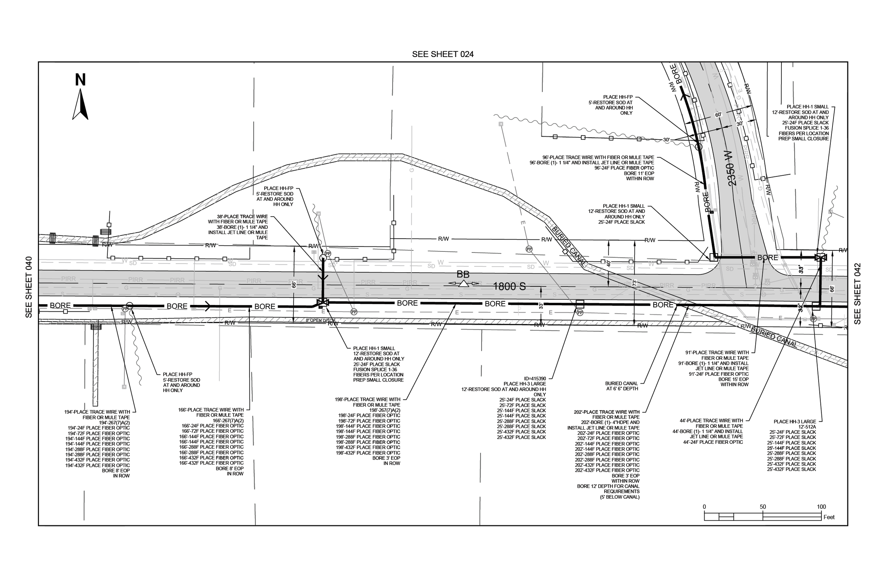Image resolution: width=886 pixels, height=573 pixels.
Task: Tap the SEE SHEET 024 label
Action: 443,54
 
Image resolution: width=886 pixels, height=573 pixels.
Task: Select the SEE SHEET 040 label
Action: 29,287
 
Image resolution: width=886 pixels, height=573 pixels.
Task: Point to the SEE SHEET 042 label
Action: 857,294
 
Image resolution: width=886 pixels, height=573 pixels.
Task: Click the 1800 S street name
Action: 509,286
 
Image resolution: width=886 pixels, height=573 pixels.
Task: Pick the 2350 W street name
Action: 731,174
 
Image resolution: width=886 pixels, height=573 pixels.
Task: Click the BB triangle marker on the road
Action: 463,284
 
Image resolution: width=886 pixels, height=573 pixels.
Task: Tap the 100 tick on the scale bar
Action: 821,507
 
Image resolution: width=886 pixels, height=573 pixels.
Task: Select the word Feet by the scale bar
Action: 829,517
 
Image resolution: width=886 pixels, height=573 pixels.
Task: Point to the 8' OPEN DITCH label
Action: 320,320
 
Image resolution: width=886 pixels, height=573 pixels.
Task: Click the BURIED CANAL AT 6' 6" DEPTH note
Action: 621,386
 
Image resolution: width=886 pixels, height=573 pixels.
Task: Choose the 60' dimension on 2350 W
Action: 718,115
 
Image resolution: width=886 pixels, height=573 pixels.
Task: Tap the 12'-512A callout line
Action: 807,427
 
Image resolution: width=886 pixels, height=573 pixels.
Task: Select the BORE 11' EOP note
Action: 639,174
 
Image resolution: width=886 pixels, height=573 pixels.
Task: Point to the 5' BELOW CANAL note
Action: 619,497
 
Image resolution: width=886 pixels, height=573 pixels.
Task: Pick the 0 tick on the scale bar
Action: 704,507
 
